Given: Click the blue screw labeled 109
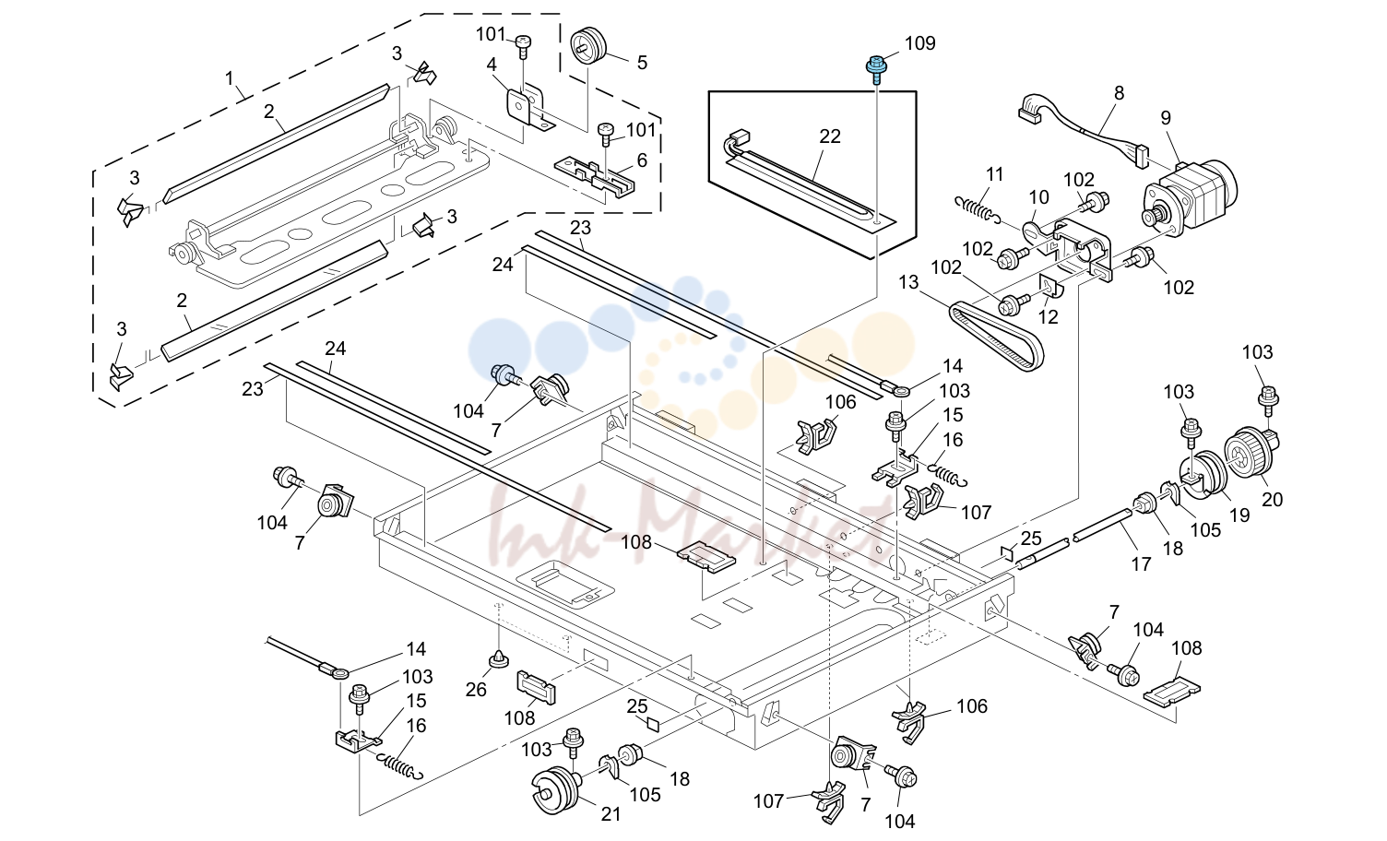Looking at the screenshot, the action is point(876,69).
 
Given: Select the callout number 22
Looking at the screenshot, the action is point(830,136).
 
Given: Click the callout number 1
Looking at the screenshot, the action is point(229,78).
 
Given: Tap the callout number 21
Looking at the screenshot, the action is point(611,813).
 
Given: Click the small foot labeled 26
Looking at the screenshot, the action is point(498,659).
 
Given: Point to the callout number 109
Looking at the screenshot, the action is point(920,43).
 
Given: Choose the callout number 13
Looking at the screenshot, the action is point(908,282).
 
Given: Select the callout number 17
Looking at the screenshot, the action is point(1141,563).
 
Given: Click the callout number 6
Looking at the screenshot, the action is point(642,160).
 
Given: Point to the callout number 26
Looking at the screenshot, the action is point(476,689).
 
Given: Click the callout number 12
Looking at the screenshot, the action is point(1048,317).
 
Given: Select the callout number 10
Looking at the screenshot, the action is point(1038,197).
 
